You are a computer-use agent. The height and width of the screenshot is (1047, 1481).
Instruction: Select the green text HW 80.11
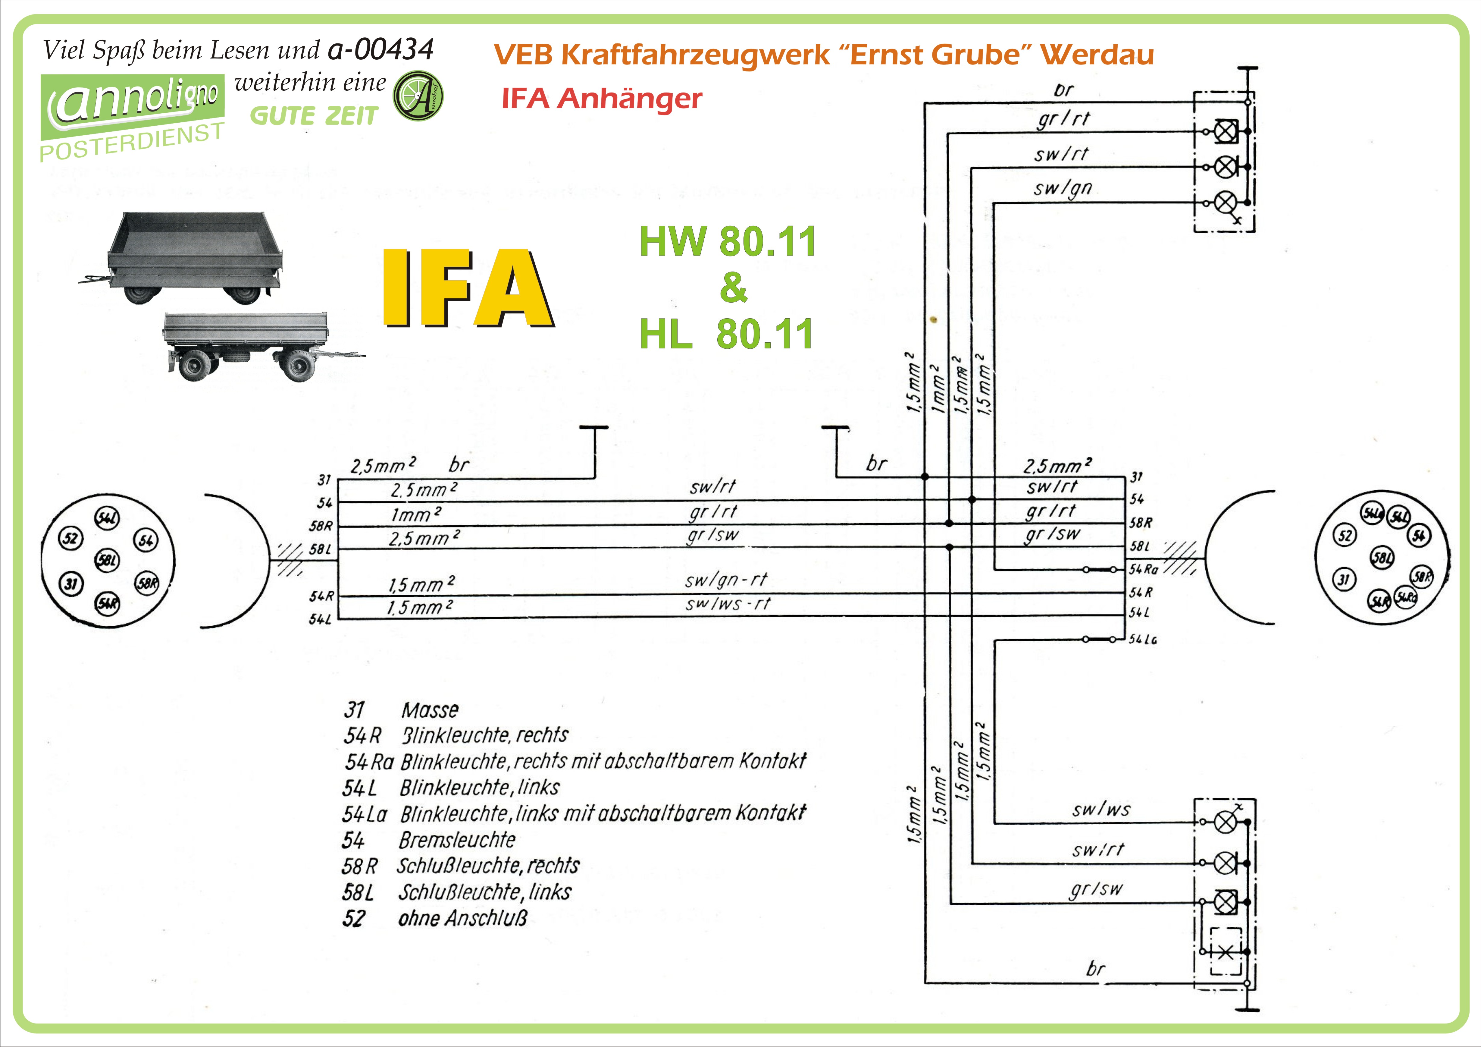pyautogui.click(x=728, y=241)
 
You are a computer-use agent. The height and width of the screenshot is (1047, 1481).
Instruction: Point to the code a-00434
pyautogui.click(x=380, y=49)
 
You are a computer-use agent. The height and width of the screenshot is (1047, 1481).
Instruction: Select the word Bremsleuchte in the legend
pyautogui.click(x=457, y=840)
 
